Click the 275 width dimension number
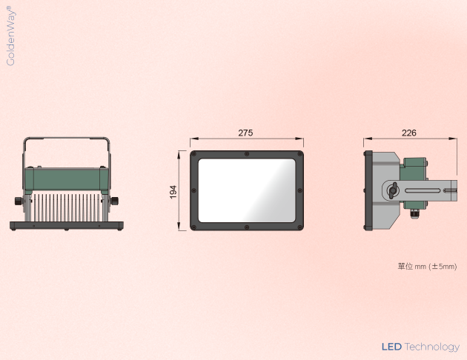tap(245, 133)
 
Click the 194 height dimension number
tap(173, 192)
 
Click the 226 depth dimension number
tap(409, 133)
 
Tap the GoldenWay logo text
tap(10, 36)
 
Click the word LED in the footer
tap(391, 347)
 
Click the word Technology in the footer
tap(432, 347)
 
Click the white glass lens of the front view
tap(247, 190)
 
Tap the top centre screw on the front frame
tap(247, 154)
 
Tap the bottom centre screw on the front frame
tap(247, 227)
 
